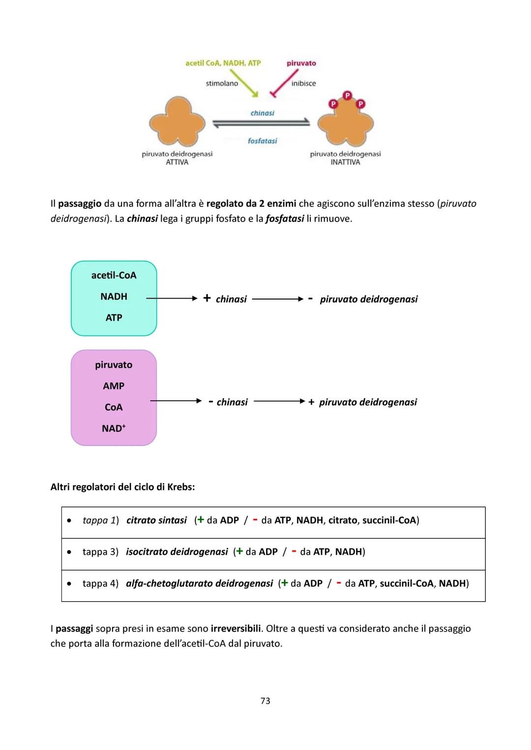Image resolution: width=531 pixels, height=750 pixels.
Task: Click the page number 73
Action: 265,701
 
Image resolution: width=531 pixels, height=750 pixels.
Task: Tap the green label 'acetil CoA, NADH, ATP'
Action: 223,63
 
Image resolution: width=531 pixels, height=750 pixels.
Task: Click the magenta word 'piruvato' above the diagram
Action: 301,63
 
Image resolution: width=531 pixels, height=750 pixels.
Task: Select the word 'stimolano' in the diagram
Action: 222,83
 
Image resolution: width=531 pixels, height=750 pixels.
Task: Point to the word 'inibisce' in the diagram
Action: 303,83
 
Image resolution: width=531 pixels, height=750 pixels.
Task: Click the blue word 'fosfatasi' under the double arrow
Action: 263,141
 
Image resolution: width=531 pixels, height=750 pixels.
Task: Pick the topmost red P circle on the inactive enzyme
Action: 347,95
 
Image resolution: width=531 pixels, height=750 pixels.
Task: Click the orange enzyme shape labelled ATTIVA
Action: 177,122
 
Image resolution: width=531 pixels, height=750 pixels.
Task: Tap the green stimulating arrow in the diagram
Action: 244,83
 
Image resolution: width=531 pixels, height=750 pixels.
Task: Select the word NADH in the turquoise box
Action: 114,297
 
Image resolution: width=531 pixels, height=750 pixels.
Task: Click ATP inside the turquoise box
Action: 114,318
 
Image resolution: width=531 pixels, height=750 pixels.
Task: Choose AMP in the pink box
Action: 114,386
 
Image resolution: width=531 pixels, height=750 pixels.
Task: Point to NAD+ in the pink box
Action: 114,428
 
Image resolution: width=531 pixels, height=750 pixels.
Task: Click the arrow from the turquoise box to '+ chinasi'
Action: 172,298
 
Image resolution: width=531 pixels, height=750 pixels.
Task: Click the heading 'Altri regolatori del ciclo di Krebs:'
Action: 122,487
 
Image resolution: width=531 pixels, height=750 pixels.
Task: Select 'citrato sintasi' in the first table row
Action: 156,520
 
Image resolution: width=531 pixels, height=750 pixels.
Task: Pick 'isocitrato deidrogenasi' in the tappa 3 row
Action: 177,552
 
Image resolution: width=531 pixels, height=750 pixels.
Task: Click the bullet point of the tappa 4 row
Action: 70,583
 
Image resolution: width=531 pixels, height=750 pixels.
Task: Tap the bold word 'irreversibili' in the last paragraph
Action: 236,629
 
